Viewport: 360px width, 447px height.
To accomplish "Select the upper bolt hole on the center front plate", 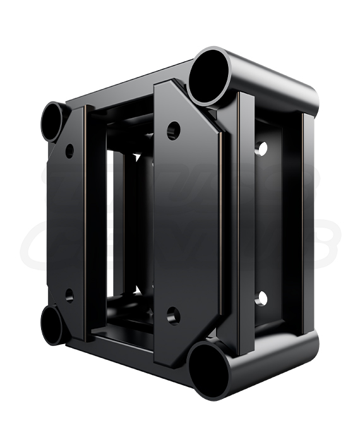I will (x=173, y=131).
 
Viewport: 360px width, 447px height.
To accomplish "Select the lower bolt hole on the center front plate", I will (x=173, y=315).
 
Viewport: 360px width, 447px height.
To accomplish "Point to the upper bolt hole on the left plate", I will (x=69, y=151).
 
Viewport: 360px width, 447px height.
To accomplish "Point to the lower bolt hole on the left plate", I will (x=69, y=295).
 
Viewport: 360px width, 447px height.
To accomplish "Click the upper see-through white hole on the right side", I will (x=261, y=149).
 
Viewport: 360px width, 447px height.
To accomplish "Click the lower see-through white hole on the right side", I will (x=261, y=299).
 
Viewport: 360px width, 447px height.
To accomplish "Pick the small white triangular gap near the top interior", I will (x=136, y=156).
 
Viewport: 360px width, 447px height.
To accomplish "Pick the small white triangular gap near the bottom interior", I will (x=136, y=290).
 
